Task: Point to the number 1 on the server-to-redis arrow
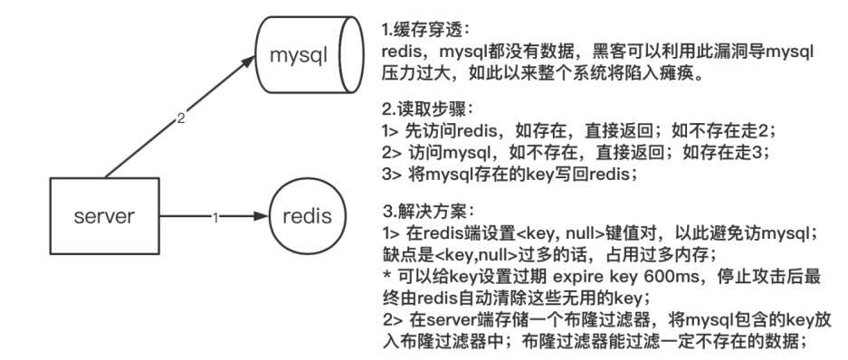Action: [x=215, y=218]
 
